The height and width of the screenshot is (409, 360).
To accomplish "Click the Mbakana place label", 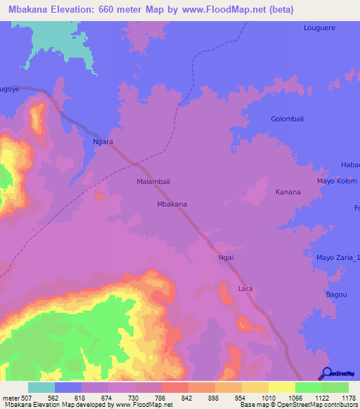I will point(172,204).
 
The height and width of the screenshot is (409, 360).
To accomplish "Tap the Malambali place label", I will point(153,181).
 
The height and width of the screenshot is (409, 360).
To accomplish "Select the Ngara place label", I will point(103,141).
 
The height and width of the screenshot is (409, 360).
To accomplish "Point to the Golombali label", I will point(287,119).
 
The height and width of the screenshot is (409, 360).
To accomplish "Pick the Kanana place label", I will point(288,192).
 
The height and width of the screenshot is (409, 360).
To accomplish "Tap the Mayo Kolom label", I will point(337,181).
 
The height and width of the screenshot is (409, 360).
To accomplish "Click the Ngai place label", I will point(226,258).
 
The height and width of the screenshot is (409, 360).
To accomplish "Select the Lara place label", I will point(245,289).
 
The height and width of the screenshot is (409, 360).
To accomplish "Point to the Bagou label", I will point(336,294).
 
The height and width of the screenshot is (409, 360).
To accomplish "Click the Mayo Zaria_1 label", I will point(337,258).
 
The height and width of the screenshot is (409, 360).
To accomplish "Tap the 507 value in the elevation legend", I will point(27,397).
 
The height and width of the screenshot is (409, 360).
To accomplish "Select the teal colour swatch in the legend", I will point(41,387).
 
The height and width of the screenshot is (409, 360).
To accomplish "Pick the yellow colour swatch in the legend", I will point(281,387).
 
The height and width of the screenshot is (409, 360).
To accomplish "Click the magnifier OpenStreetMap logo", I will point(328,374).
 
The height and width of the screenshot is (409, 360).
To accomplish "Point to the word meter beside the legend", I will point(11,397).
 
